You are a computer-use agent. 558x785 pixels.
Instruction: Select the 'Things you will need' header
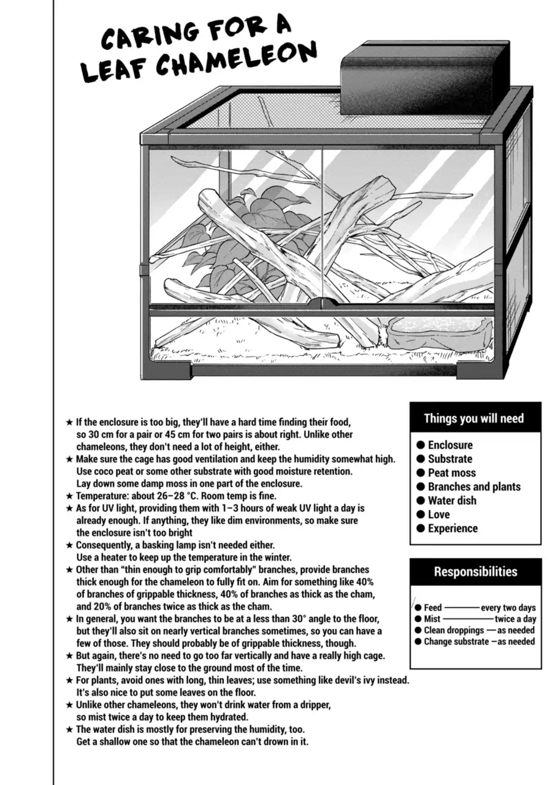(x=474, y=418)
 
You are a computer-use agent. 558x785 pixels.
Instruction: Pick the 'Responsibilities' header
(x=475, y=572)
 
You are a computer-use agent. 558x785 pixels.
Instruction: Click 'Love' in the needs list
(x=438, y=515)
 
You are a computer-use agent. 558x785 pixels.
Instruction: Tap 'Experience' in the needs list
(x=453, y=529)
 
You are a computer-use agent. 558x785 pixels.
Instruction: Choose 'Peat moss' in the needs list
(x=451, y=473)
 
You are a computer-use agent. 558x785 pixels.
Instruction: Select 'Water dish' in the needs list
(x=452, y=500)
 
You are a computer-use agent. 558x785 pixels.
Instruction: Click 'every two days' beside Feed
(x=508, y=608)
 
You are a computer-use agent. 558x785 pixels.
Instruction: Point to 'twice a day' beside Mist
(x=515, y=619)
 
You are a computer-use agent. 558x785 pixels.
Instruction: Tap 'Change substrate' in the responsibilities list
(x=454, y=641)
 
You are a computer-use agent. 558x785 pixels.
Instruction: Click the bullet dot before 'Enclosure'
(x=421, y=445)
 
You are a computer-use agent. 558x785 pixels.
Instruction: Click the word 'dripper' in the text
(x=315, y=705)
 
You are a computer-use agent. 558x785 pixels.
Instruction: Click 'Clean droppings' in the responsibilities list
(x=454, y=630)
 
